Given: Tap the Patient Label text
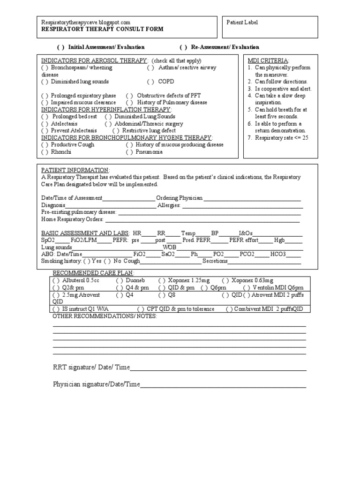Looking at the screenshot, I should [242, 22].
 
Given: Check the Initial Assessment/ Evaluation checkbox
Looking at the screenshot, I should [61, 47].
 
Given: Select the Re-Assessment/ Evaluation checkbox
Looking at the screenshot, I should [183, 47].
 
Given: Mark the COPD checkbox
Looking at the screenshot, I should [150, 82].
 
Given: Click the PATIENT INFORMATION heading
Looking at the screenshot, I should [75, 170].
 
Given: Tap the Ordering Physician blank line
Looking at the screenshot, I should [252, 199].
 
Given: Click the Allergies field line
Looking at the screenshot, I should [242, 206].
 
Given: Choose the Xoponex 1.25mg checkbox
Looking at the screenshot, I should [162, 280].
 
